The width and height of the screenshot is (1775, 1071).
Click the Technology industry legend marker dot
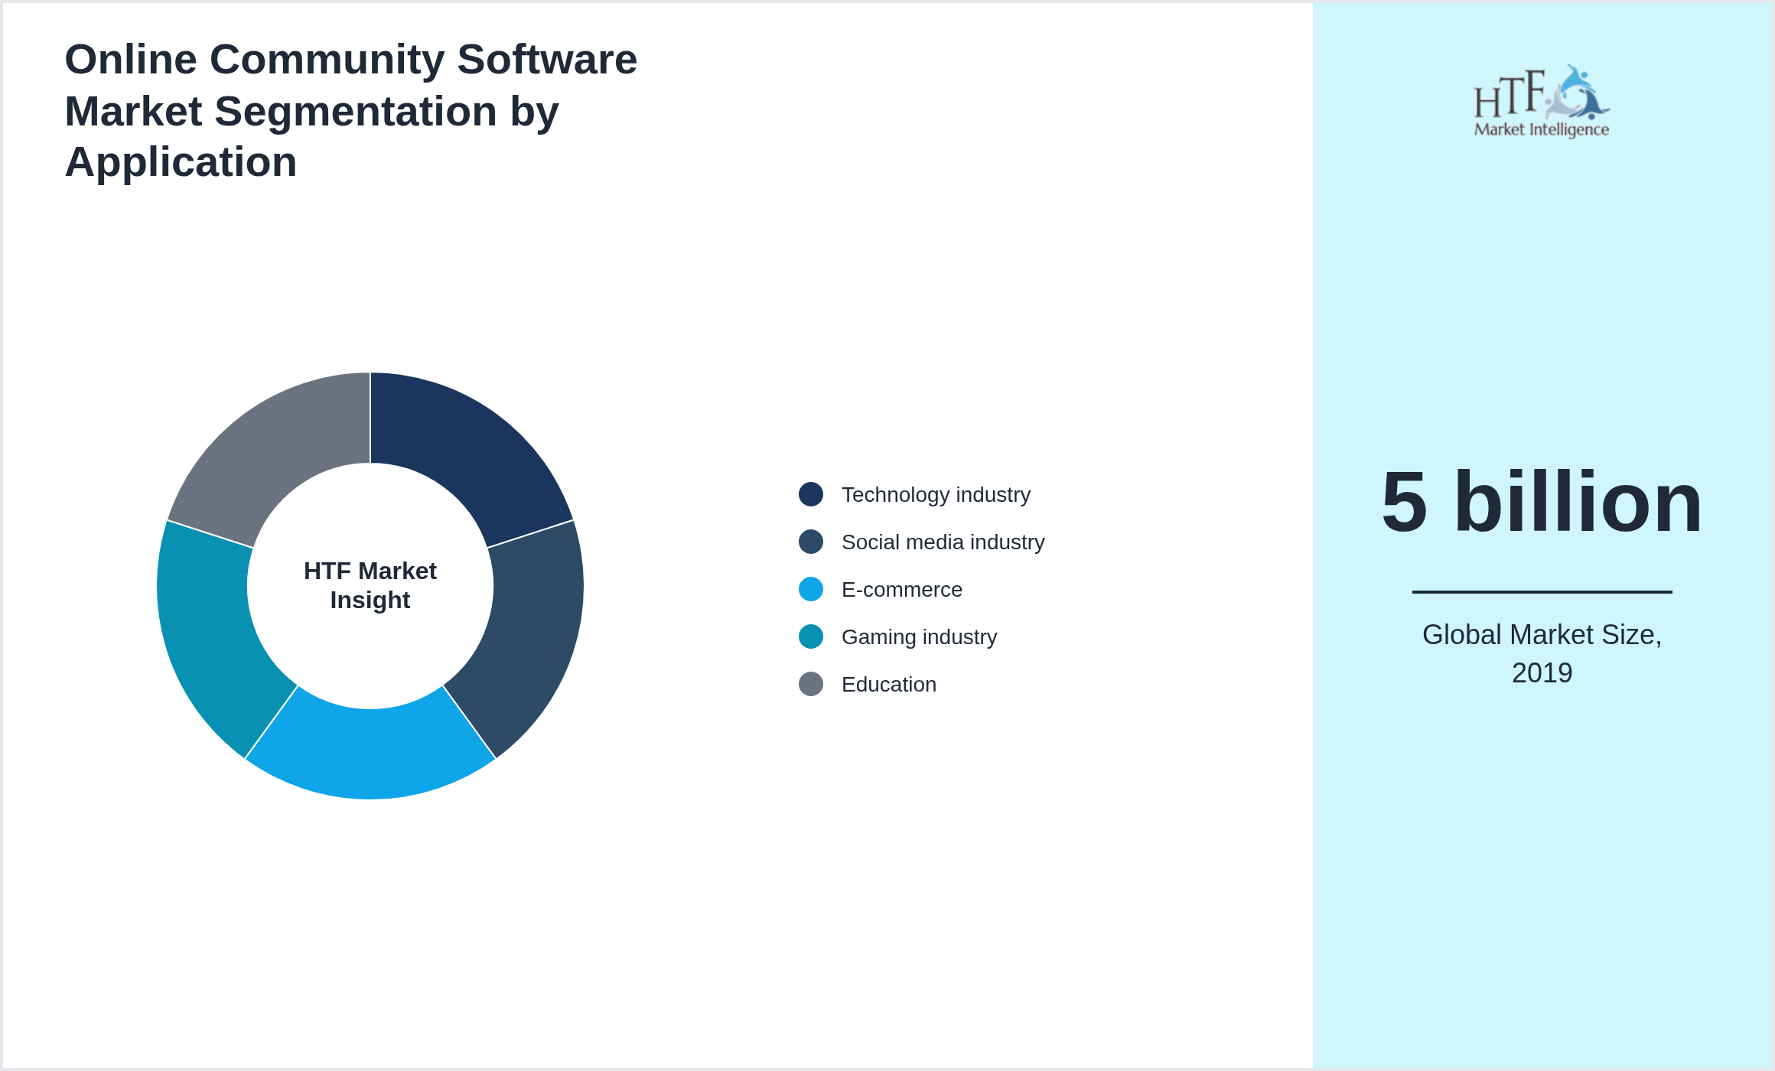(x=811, y=494)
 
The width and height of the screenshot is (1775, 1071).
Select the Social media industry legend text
(x=943, y=542)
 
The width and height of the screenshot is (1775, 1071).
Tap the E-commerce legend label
(x=901, y=590)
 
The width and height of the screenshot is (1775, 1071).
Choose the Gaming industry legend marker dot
(x=811, y=636)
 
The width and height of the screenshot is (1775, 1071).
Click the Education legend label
(x=888, y=685)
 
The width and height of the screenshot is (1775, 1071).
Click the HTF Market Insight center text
(x=370, y=585)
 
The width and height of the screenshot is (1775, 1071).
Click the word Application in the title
(x=181, y=162)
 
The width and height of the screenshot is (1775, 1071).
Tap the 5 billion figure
(x=1542, y=503)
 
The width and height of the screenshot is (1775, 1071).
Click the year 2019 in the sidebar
(x=1542, y=673)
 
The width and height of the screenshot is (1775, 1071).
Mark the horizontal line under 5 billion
(x=1542, y=591)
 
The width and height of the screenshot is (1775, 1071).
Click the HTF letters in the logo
(x=1509, y=96)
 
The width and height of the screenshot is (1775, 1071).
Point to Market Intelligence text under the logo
(x=1542, y=129)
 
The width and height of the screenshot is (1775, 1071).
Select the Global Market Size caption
(x=1542, y=635)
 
